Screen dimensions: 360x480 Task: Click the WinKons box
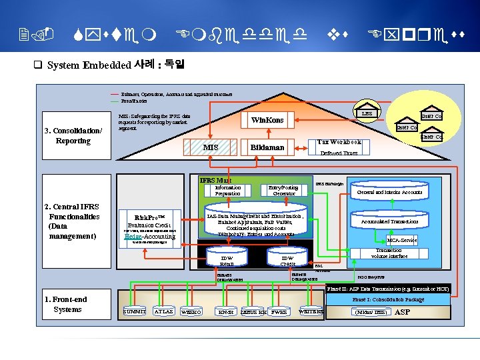click(267, 121)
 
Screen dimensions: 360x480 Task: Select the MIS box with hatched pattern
click(210, 147)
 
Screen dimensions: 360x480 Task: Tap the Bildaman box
click(267, 147)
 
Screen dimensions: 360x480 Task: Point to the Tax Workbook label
click(339, 142)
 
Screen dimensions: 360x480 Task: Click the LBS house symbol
click(367, 114)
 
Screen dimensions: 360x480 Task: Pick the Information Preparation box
click(228, 191)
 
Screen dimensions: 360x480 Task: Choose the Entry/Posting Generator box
click(283, 191)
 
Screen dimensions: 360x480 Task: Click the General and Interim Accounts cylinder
click(389, 192)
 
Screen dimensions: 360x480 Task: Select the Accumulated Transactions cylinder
click(389, 221)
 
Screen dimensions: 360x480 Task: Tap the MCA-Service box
click(402, 240)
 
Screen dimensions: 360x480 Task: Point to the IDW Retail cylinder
click(227, 261)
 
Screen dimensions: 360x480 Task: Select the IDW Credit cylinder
click(287, 261)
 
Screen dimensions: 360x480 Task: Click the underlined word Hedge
click(134, 236)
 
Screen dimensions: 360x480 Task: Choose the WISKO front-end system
click(191, 312)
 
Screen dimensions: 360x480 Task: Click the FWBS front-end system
click(279, 312)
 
